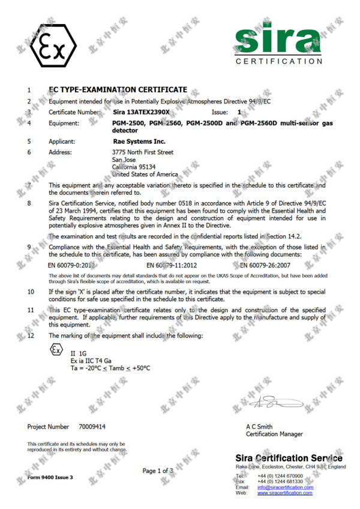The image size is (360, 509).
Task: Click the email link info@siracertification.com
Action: [x=285, y=487]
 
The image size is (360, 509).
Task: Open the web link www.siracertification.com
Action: [x=285, y=493]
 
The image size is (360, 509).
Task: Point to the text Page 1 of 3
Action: [x=157, y=471]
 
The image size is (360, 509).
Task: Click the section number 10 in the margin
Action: [x=31, y=291]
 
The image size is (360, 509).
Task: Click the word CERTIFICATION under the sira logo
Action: [x=279, y=62]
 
